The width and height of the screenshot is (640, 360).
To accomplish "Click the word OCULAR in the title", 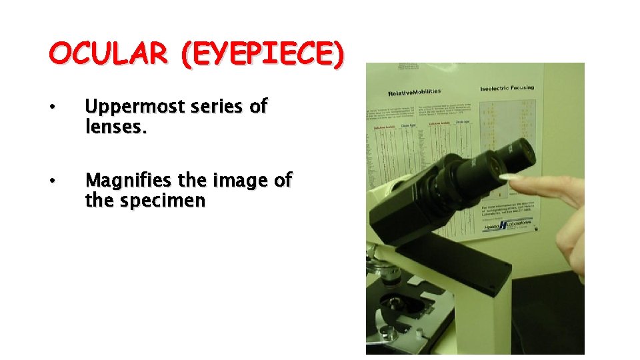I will [x=109, y=54].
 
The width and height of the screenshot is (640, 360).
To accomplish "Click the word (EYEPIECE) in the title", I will [x=261, y=54].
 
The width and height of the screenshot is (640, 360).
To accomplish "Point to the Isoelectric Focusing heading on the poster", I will [x=507, y=88].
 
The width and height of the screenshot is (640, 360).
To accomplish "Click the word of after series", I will [x=258, y=106].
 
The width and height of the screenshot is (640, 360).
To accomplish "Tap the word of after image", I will [x=283, y=181].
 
